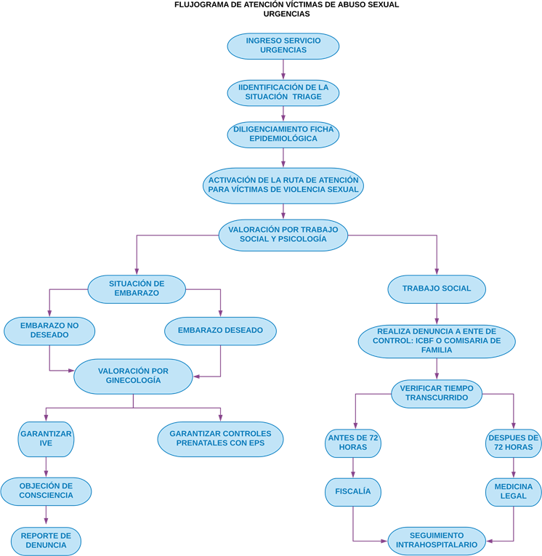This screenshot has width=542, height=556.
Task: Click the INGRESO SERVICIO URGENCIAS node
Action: (283, 45)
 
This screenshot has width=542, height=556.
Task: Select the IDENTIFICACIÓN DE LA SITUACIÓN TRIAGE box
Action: (283, 92)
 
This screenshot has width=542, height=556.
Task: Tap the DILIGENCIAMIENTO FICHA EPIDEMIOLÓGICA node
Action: (283, 134)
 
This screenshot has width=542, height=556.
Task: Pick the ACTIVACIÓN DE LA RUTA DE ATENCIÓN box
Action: (283, 185)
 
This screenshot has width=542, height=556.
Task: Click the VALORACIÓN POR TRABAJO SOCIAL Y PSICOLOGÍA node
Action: (283, 233)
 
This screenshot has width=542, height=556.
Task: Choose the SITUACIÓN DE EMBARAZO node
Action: (137, 288)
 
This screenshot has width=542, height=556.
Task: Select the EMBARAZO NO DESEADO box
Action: (49, 330)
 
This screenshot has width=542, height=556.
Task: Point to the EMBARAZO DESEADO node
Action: (220, 331)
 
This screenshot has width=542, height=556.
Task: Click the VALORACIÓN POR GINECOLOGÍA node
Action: (133, 376)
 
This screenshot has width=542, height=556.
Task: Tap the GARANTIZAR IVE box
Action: (46, 438)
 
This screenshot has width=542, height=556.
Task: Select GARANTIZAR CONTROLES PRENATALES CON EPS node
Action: (220, 438)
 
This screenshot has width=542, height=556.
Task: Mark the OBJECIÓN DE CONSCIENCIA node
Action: (46, 491)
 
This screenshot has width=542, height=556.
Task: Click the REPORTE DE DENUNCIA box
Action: (46, 540)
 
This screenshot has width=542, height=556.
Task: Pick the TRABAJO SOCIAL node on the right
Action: (437, 288)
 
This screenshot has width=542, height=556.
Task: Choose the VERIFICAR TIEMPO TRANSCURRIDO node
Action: (437, 393)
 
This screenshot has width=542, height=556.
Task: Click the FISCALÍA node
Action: (353, 491)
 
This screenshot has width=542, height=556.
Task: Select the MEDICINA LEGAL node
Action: (514, 491)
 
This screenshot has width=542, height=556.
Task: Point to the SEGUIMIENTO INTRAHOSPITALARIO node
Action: (437, 539)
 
